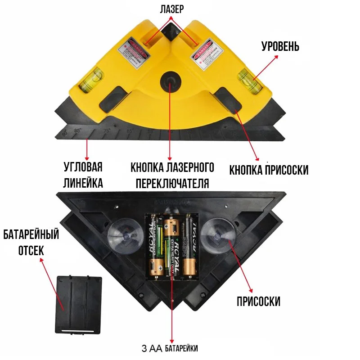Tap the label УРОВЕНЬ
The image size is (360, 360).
coord(280,47)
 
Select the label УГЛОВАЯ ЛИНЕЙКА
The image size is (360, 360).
coord(83,175)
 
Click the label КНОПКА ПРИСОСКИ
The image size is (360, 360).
coord(269,170)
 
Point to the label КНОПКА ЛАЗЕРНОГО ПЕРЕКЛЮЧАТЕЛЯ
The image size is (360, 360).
coord(172,175)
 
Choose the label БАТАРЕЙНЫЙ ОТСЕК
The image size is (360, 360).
coord(31,242)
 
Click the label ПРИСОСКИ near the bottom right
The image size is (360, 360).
coord(258,301)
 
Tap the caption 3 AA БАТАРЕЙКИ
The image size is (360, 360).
coord(169,348)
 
